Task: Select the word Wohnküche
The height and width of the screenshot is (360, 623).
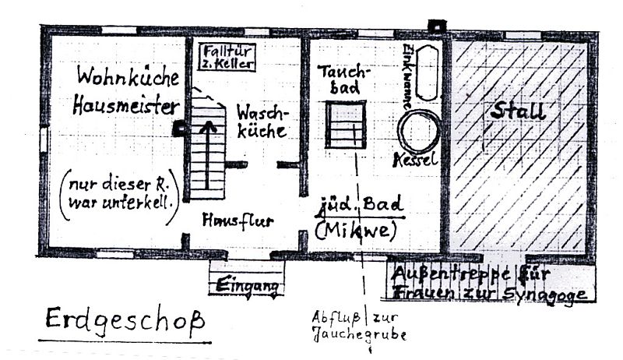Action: pyautogui.click(x=128, y=77)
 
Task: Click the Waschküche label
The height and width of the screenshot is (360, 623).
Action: pyautogui.click(x=261, y=121)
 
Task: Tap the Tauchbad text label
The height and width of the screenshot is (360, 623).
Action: pyautogui.click(x=345, y=79)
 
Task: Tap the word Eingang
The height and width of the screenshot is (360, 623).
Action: pyautogui.click(x=247, y=285)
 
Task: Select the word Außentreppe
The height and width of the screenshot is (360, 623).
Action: pyautogui.click(x=431, y=274)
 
